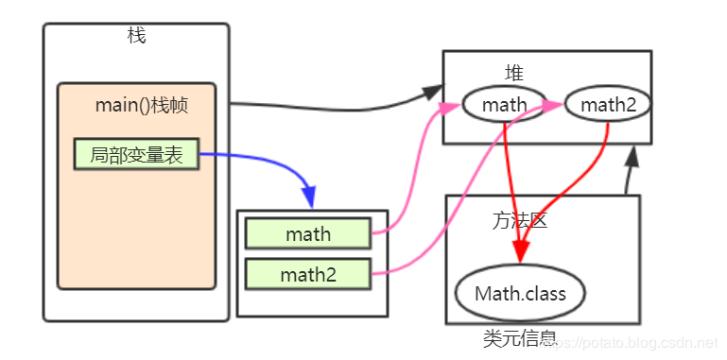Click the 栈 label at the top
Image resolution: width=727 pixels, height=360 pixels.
click(x=136, y=36)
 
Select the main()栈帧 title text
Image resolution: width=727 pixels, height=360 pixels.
click(x=142, y=105)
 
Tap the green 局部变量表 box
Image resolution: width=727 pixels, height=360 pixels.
click(x=136, y=154)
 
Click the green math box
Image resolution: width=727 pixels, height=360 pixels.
click(x=307, y=233)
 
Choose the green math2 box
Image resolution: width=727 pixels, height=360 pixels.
click(x=307, y=275)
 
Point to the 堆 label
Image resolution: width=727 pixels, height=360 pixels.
click(x=514, y=73)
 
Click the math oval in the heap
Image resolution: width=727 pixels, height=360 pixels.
click(x=504, y=104)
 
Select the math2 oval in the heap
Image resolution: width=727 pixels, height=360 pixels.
click(x=608, y=104)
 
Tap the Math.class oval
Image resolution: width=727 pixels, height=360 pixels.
click(x=520, y=293)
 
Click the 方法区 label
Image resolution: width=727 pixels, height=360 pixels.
click(x=520, y=221)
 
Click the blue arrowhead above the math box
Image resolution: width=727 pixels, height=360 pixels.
click(x=312, y=199)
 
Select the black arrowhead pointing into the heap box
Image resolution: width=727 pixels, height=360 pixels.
click(x=432, y=93)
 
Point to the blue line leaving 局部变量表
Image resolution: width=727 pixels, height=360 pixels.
click(x=255, y=155)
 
